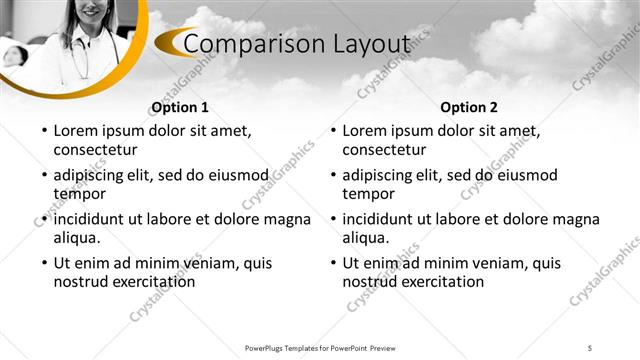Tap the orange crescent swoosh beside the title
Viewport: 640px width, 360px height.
[x=172, y=43]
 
